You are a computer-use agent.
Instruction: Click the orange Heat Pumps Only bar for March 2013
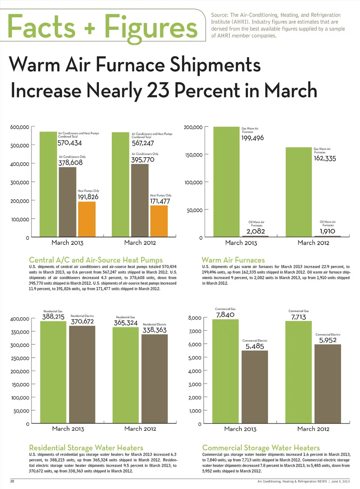(87, 219)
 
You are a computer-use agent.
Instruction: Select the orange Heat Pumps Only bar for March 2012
(159, 221)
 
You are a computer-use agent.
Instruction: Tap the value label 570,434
(69, 143)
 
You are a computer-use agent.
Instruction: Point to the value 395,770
(142, 160)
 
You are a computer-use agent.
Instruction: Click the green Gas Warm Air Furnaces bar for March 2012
(298, 192)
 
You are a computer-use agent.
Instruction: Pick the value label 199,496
(252, 138)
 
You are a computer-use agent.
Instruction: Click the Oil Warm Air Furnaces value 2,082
(256, 232)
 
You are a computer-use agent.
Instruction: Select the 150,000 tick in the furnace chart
(194, 155)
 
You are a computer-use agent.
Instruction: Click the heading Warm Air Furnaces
(233, 260)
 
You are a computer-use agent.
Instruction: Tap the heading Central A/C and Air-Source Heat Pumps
(96, 260)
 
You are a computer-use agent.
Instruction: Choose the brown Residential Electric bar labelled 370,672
(82, 375)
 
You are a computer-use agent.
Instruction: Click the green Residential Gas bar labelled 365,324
(126, 375)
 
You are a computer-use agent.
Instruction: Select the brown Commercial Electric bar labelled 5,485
(255, 387)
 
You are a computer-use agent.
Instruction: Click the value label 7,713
(298, 317)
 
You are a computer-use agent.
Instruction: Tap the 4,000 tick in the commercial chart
(195, 371)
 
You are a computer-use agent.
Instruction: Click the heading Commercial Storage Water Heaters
(261, 448)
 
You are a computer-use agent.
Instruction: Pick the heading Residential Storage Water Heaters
(86, 448)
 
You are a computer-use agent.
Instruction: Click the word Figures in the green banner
(151, 27)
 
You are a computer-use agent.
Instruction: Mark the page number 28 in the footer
(12, 481)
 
